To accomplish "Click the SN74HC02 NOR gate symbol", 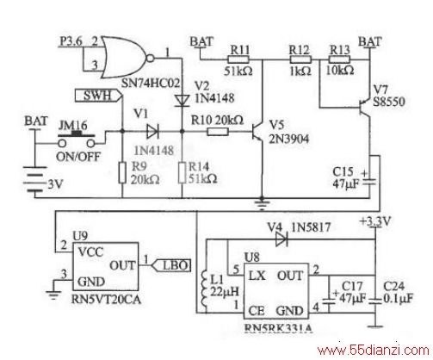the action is point(127,58).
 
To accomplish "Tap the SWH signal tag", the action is point(98,96).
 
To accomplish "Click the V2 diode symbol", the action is point(182,101).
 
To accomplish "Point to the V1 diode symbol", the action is point(152,132).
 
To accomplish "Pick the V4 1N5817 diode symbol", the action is point(281,239).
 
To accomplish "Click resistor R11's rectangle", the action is point(238,59).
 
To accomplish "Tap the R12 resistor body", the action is point(300,59).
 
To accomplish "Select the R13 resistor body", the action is point(339,59).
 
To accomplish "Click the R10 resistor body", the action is point(218,132).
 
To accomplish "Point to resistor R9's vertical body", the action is point(122,172).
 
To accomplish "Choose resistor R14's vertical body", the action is point(182,172).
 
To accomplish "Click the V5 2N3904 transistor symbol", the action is point(257,132).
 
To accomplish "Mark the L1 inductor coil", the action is point(204,290).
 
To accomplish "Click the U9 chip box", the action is point(105,266).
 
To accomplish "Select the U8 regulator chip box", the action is point(276,291).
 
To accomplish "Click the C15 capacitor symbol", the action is point(369,182).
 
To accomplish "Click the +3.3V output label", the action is point(375,221).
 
